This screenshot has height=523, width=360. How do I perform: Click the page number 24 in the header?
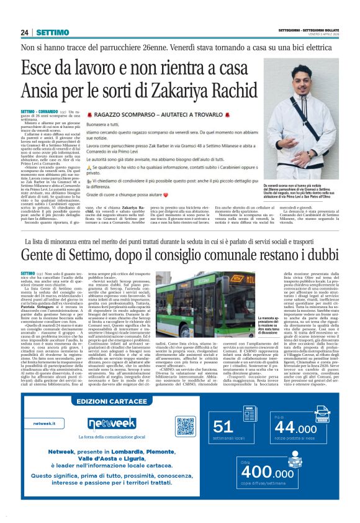click(25, 32)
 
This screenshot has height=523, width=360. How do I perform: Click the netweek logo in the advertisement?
click(112, 424)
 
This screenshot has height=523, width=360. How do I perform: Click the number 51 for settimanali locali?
click(223, 427)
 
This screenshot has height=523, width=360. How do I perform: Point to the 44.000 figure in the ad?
click(295, 429)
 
